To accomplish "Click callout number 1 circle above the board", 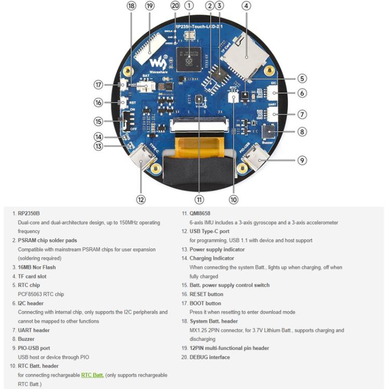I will pyautogui.click(x=189, y=6).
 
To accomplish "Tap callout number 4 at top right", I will pyautogui.click(x=246, y=6).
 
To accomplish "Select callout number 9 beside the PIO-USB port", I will pyautogui.click(x=302, y=160).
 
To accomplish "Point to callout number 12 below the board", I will pyautogui.click(x=141, y=199).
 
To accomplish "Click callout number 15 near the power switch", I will pyautogui.click(x=99, y=121).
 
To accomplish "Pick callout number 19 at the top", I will pyautogui.click(x=150, y=6).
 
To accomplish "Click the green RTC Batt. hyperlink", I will pyautogui.click(x=92, y=375).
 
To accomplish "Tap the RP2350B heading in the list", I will pyautogui.click(x=29, y=213).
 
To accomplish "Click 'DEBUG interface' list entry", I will pyautogui.click(x=210, y=357).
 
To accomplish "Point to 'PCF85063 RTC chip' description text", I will pyautogui.click(x=41, y=294).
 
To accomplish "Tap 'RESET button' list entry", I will pyautogui.click(x=206, y=294).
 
